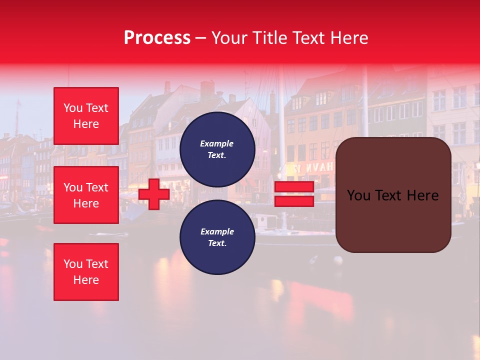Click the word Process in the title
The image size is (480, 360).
point(157,38)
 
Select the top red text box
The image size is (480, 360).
point(86,116)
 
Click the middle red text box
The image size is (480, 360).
point(86,195)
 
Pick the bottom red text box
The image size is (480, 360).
point(86,272)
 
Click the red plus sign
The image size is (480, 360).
point(154,194)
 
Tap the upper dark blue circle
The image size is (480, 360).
point(217,149)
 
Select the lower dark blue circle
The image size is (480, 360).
point(217,237)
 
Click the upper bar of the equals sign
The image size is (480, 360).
point(294,187)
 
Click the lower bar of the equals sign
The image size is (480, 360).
point(294,201)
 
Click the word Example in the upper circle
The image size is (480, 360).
point(217,143)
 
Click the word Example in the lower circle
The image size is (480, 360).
point(217,231)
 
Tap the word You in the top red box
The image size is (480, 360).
point(73,108)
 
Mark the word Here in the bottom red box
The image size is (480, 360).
point(86,280)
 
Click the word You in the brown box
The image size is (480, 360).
point(358,195)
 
